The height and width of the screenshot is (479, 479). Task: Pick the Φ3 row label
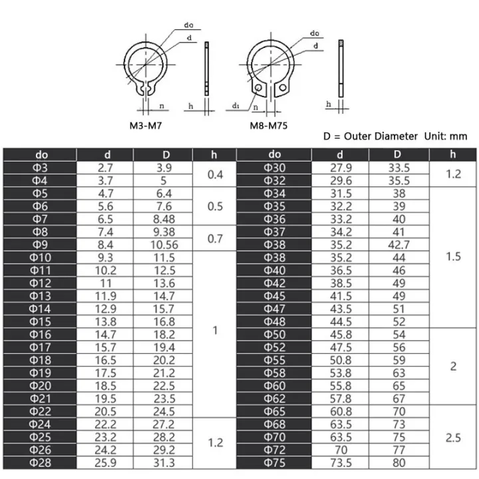[41, 168]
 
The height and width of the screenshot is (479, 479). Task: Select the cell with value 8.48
[163, 219]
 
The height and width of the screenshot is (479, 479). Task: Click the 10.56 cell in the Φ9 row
[163, 244]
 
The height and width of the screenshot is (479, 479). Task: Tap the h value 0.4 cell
[215, 174]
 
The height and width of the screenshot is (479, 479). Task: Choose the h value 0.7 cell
[215, 238]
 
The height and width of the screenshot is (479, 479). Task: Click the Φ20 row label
[41, 386]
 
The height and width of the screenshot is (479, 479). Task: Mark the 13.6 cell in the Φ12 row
[163, 283]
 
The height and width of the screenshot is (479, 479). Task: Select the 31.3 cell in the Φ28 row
[163, 462]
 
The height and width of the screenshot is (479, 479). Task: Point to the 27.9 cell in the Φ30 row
[341, 168]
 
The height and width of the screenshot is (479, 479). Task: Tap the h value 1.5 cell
[453, 257]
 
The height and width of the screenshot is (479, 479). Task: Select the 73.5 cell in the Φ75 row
[341, 462]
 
